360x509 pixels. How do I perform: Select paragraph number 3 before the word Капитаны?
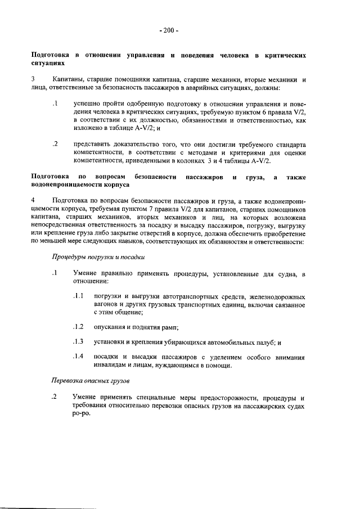(33, 80)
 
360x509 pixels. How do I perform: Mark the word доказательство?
(134, 144)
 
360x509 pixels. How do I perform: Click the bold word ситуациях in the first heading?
(47, 65)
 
